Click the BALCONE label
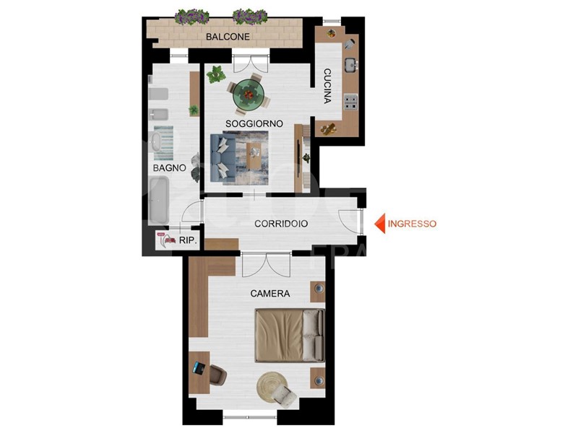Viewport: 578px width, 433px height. [x=228, y=37]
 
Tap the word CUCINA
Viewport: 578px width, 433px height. [x=327, y=86]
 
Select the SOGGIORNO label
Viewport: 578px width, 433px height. [x=254, y=123]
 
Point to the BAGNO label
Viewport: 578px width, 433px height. [x=169, y=168]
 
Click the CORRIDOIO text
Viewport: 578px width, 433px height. [x=281, y=224]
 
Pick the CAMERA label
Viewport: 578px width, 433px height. [x=269, y=294]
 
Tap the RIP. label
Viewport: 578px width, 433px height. [x=188, y=240]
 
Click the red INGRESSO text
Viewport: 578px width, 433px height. [x=412, y=224]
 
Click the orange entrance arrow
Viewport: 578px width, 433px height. [x=380, y=224]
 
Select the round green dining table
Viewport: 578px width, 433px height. [x=249, y=94]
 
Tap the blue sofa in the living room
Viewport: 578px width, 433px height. [x=223, y=157]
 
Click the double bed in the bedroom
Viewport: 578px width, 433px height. [x=290, y=336]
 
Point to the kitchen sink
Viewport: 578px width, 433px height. [x=351, y=65]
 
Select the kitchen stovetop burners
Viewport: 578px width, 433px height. [x=350, y=102]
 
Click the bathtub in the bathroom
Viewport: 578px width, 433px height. [x=159, y=200]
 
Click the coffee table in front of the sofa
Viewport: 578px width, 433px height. [x=254, y=156]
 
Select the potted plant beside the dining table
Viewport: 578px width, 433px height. [x=215, y=75]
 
